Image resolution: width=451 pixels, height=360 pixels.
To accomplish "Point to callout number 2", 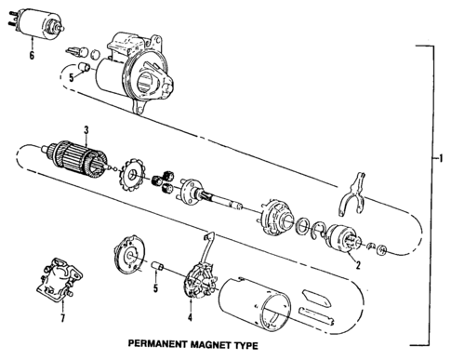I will coord(356,264).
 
